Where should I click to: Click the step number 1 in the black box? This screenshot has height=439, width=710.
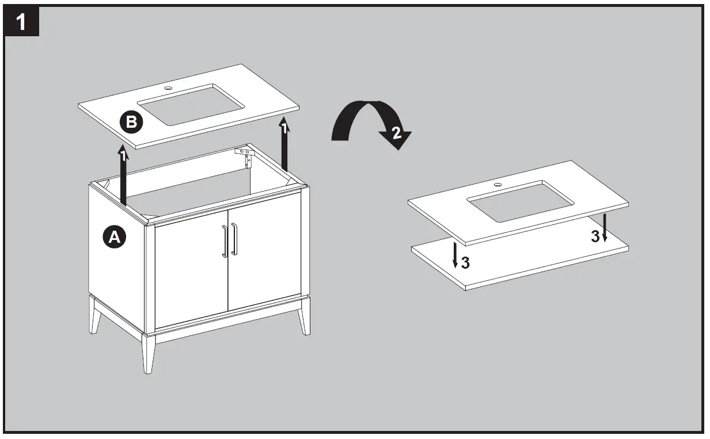[x=21, y=22]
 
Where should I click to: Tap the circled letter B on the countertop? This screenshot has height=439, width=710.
[x=131, y=122]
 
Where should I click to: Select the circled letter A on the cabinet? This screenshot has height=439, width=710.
[x=114, y=236]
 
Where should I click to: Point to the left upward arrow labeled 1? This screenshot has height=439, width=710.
[x=123, y=175]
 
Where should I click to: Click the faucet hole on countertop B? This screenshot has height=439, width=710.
[x=169, y=89]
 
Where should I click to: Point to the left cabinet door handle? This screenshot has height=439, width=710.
[x=224, y=241]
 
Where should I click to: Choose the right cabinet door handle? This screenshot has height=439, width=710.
[x=234, y=239]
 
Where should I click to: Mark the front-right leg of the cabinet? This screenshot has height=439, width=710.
[x=303, y=316]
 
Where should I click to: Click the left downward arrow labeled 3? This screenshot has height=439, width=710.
[x=455, y=254]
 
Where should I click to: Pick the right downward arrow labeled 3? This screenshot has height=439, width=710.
[x=604, y=227]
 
